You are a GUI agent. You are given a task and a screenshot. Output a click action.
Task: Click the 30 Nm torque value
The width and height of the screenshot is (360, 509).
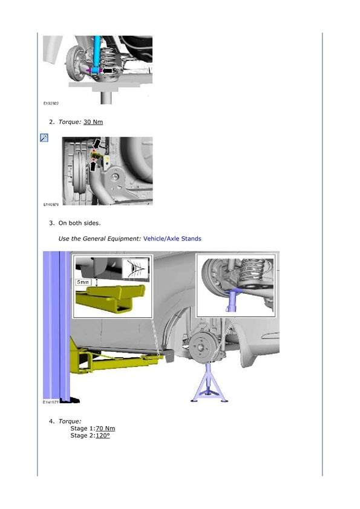pyautogui.click(x=93, y=122)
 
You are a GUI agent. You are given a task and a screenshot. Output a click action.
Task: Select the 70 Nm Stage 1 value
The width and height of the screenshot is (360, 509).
pyautogui.click(x=105, y=429)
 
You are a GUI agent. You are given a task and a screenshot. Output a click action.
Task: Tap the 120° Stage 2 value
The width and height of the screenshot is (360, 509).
pyautogui.click(x=103, y=436)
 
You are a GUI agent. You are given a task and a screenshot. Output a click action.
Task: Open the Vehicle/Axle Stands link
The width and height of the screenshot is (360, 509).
pyautogui.click(x=172, y=239)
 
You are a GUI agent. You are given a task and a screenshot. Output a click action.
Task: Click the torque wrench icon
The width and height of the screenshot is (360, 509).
pyautogui.click(x=44, y=138)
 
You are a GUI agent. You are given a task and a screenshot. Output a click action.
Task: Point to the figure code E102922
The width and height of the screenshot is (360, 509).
pyautogui.click(x=51, y=103)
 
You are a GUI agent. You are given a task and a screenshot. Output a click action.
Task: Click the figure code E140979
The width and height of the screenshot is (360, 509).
pyautogui.click(x=51, y=204)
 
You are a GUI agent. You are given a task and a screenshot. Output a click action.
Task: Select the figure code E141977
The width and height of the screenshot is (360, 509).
pyautogui.click(x=51, y=402)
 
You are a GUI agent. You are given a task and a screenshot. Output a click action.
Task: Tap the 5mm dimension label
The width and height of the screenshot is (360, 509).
pyautogui.click(x=83, y=282)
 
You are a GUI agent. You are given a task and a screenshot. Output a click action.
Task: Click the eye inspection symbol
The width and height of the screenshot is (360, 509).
pyautogui.click(x=135, y=268)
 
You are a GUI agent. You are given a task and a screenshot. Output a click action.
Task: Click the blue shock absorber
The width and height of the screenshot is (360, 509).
pyautogui.click(x=96, y=54)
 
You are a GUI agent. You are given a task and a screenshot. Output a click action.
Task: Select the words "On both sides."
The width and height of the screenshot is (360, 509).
pyautogui.click(x=80, y=223)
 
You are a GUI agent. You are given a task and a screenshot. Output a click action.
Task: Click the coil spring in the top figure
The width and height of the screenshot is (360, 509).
pyautogui.click(x=110, y=59)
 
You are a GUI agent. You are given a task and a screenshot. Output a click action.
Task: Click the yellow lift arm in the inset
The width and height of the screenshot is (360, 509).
pyautogui.click(x=111, y=299)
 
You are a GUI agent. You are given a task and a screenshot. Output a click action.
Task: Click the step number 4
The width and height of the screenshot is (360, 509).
pyautogui.click(x=52, y=421)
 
